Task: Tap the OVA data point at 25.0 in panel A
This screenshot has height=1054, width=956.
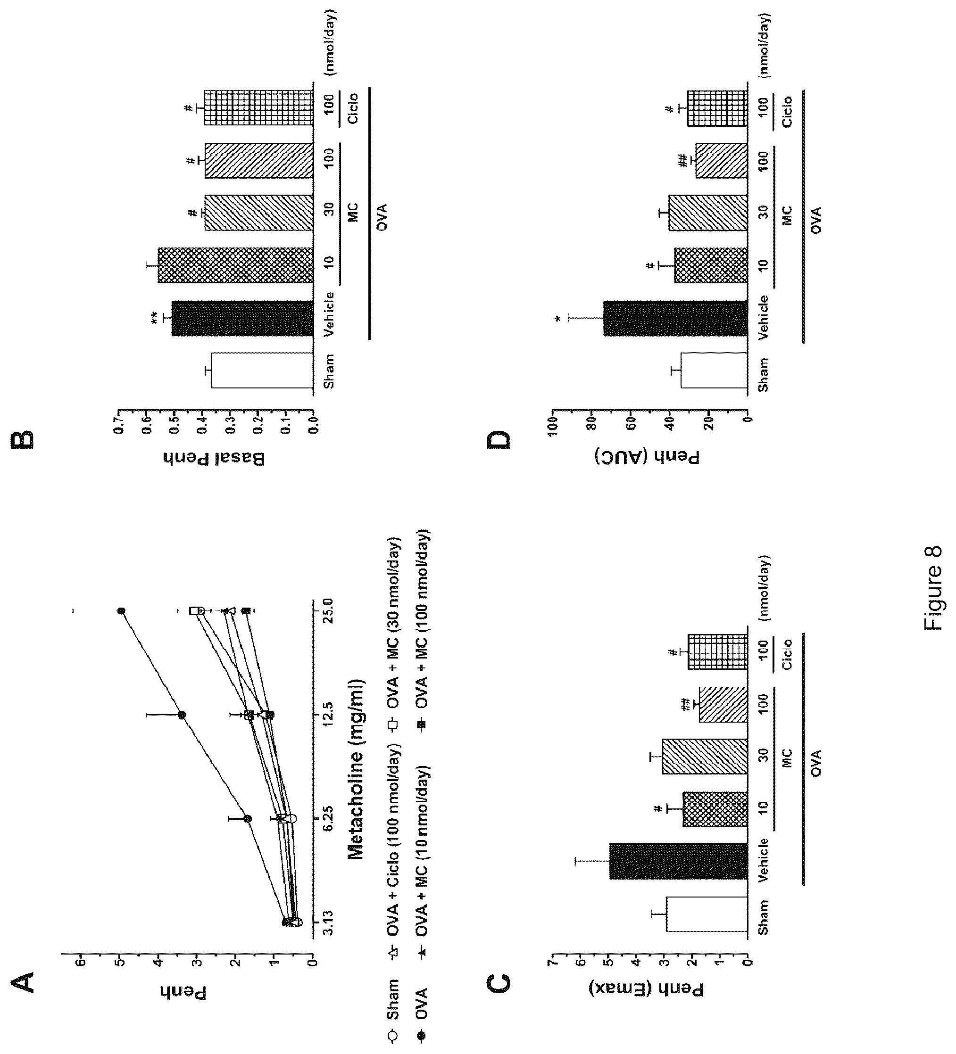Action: click(x=121, y=610)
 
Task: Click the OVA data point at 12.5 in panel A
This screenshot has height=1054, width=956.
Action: click(x=182, y=715)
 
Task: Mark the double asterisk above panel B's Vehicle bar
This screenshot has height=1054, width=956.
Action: click(x=155, y=320)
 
